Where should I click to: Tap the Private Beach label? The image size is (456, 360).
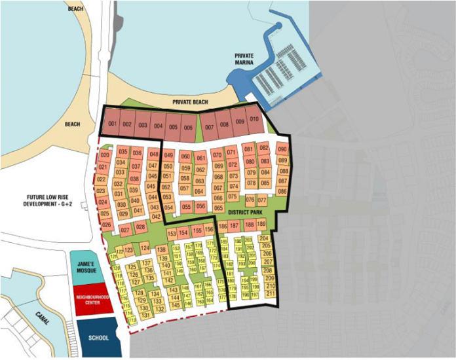pos(190,103)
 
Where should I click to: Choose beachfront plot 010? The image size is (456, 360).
pos(255,120)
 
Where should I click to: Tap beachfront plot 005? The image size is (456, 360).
pos(173,126)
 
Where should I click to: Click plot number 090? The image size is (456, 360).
pos(282,149)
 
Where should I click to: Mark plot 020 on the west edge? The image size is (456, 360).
pos(105,156)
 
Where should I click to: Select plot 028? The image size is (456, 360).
pos(140,226)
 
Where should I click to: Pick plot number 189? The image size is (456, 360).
pos(261,225)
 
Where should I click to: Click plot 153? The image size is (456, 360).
pos(172,233)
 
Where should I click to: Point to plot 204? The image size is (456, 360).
pos(265,239)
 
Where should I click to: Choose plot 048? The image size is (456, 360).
pos(155,154)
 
